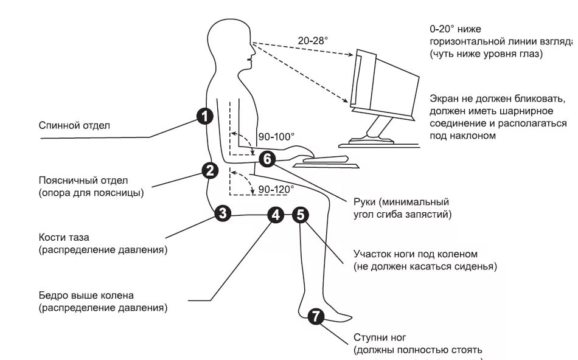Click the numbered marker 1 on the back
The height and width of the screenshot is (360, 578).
tap(204, 115)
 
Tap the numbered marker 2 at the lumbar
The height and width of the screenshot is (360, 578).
tap(210, 170)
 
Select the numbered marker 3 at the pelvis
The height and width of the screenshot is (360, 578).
tap(223, 213)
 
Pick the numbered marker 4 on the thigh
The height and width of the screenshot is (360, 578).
tap(276, 214)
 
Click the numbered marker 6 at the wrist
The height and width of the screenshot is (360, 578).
tap(267, 159)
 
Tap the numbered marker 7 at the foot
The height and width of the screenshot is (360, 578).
tap(315, 316)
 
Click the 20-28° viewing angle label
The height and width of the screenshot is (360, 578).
tap(313, 40)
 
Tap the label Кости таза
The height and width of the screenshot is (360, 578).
tap(68, 237)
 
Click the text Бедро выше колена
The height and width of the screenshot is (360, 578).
tap(86, 296)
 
